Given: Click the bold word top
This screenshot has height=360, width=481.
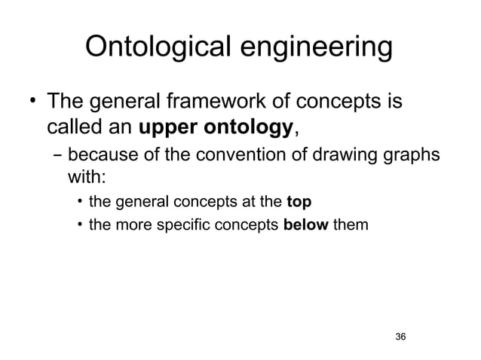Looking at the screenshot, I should [x=299, y=202].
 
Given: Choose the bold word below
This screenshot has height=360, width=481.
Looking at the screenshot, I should [x=305, y=223].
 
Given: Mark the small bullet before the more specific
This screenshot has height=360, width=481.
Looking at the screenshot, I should [x=79, y=224].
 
